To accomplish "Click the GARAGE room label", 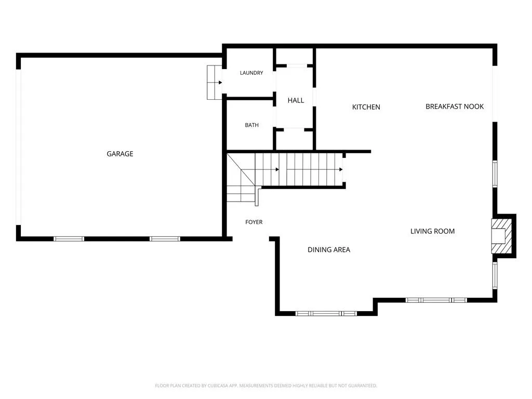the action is [x=120, y=154].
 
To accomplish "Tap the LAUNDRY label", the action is [x=251, y=73].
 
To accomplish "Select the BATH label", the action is [x=252, y=125].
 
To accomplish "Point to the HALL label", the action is [x=296, y=100].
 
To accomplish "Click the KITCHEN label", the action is [x=366, y=107].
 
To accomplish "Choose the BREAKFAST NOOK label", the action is [x=455, y=106].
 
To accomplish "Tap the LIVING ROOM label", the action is [x=433, y=231].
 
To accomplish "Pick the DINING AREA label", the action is [x=329, y=250].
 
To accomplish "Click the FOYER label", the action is [x=254, y=222].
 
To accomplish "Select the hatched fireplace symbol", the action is [x=501, y=236].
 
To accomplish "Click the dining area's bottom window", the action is [x=326, y=313].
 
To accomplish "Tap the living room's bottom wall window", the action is [x=436, y=300].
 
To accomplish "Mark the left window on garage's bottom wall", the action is [x=69, y=239].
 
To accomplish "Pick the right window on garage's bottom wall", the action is [x=165, y=239].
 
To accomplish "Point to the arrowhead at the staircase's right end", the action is [x=341, y=169].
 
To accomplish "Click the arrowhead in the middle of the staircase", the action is [x=277, y=169].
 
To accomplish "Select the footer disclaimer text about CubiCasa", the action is [x=266, y=385].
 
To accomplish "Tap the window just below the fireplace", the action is [x=495, y=275].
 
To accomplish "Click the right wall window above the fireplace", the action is [x=495, y=174].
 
